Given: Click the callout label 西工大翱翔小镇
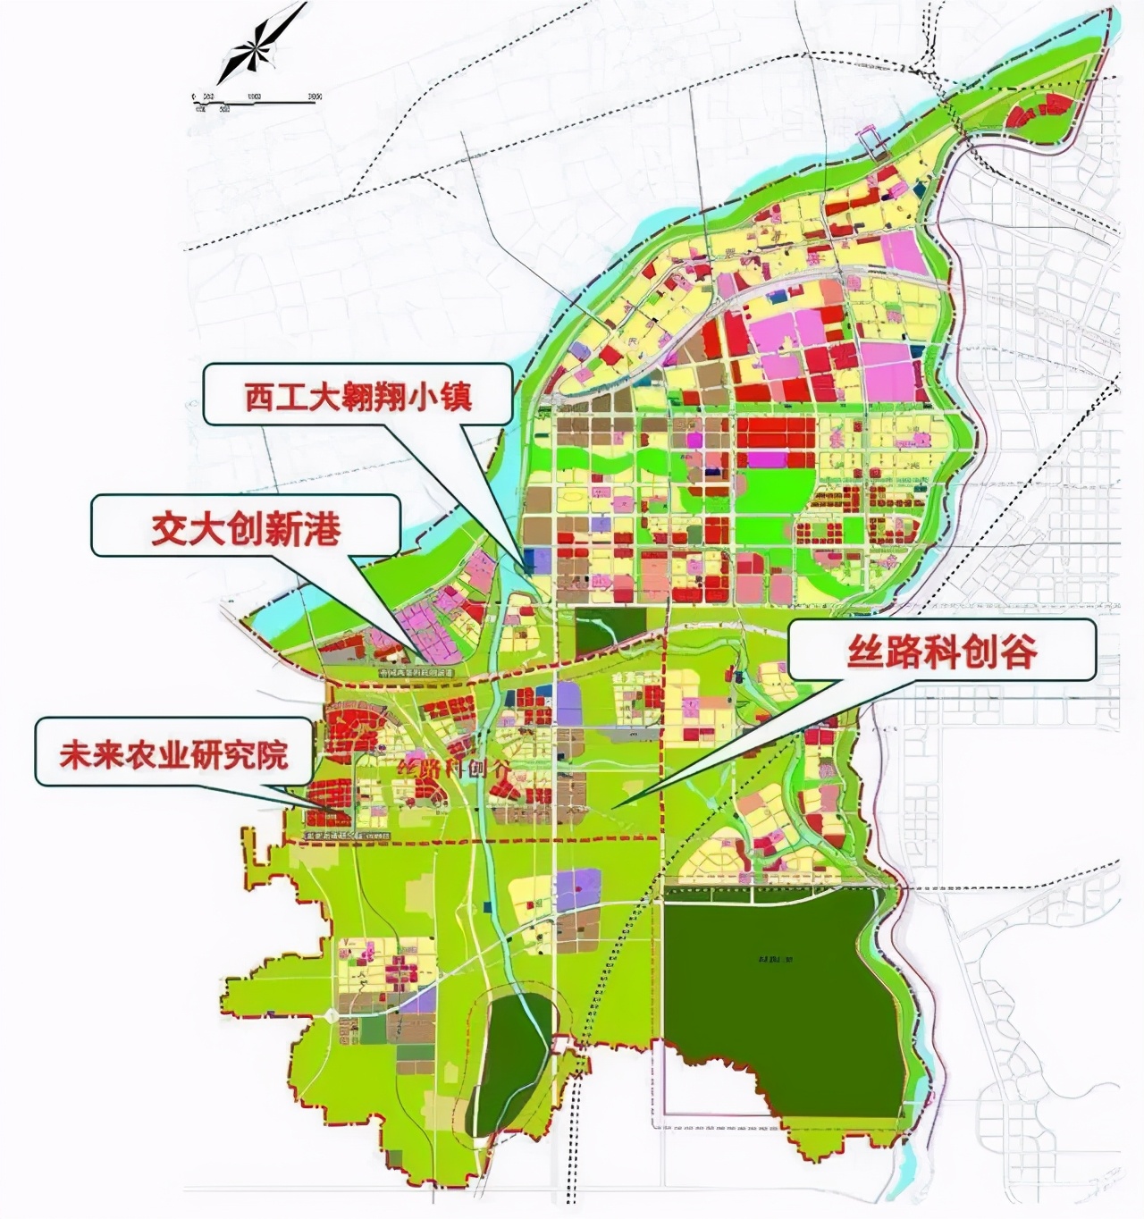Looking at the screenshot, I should click(x=357, y=396).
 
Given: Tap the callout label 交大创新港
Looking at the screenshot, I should click(x=246, y=529).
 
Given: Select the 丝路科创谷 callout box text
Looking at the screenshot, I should click(x=942, y=652).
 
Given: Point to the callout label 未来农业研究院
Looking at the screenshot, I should click(x=174, y=755).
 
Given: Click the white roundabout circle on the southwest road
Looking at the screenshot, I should click(x=331, y=1014).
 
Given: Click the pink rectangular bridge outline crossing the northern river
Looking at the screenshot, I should click(x=870, y=137).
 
